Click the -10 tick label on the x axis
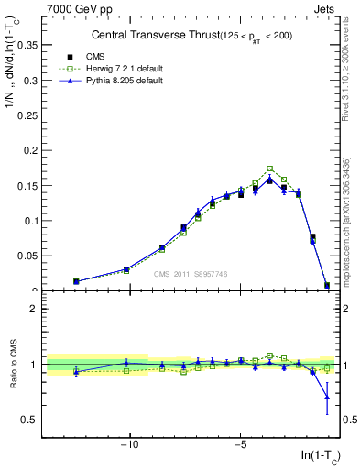(130, 446)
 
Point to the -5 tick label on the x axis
(240, 446)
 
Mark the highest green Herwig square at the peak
(269, 169)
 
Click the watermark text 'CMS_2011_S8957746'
(191, 274)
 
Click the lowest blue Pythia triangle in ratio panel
(327, 397)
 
